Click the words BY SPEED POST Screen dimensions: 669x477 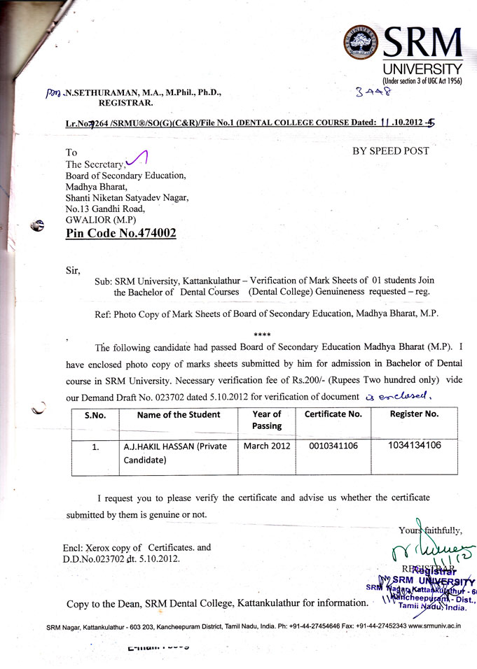click(390, 150)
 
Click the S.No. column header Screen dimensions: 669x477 click(95, 415)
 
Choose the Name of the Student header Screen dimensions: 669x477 click(179, 414)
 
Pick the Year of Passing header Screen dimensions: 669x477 click(266, 420)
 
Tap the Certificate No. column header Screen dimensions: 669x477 click(333, 414)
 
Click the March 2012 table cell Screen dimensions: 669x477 click(265, 446)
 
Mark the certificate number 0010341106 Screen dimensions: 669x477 click(333, 446)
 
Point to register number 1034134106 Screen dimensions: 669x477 click(414, 445)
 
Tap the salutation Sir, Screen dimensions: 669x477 click(73, 269)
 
